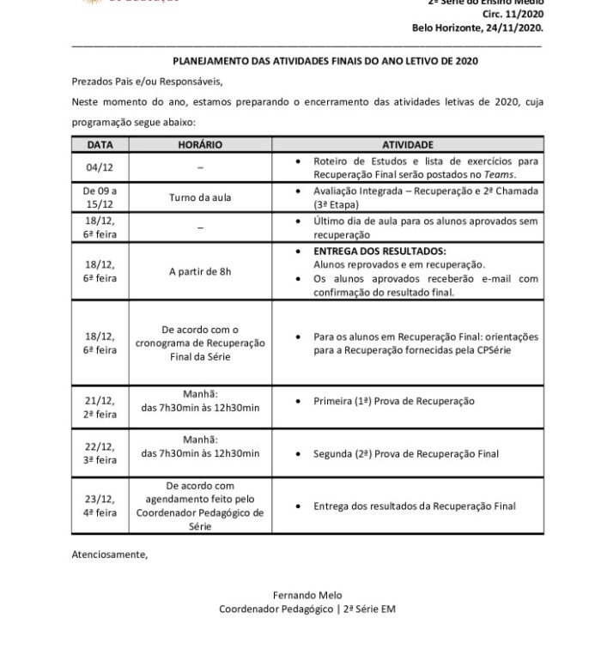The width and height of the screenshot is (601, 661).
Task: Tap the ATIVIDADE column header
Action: [x=407, y=146]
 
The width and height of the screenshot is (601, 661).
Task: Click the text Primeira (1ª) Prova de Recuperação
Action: [x=394, y=401]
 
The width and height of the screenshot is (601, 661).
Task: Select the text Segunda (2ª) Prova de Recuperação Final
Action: [x=406, y=453]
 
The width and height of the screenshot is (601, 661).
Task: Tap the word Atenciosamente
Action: [x=109, y=554]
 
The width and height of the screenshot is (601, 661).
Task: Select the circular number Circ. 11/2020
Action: [x=514, y=14]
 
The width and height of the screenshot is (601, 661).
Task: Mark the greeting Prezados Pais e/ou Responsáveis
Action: [x=147, y=82]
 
